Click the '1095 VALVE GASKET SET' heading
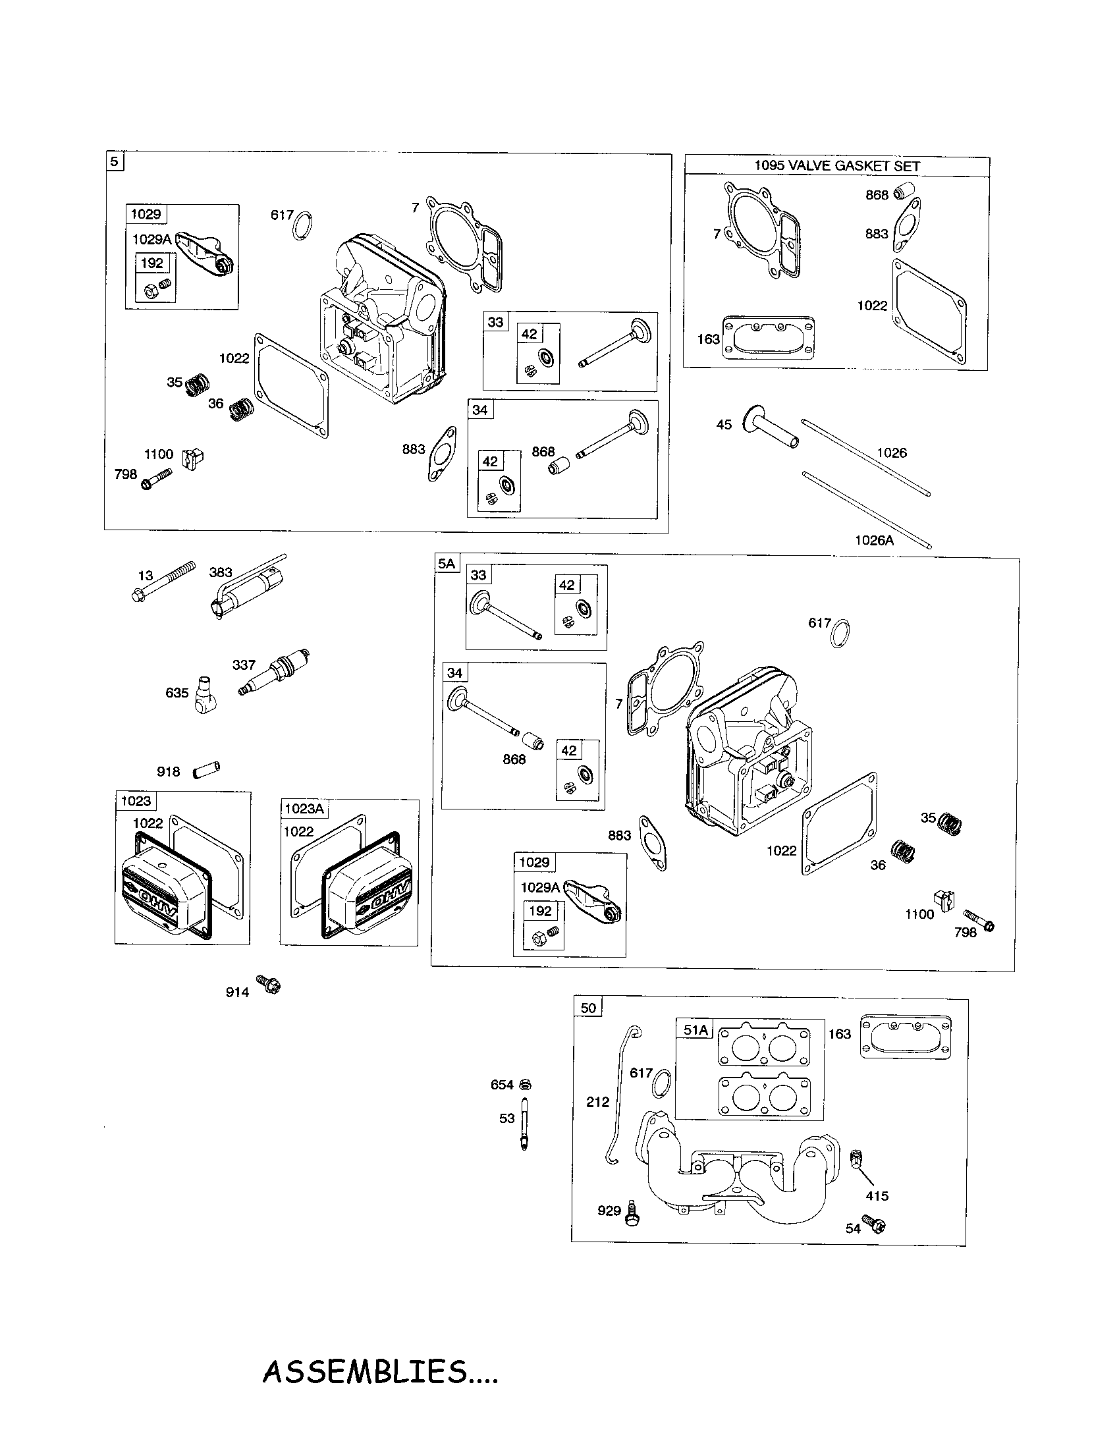click(x=836, y=166)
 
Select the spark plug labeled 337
click(x=273, y=672)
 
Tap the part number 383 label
click(x=221, y=572)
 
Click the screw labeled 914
click(x=269, y=984)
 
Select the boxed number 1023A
click(x=304, y=809)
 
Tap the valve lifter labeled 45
click(x=773, y=429)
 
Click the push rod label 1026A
click(x=873, y=540)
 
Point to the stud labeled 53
click(x=524, y=1124)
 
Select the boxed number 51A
click(x=695, y=1029)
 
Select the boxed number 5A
click(x=447, y=564)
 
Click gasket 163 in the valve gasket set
click(x=767, y=339)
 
